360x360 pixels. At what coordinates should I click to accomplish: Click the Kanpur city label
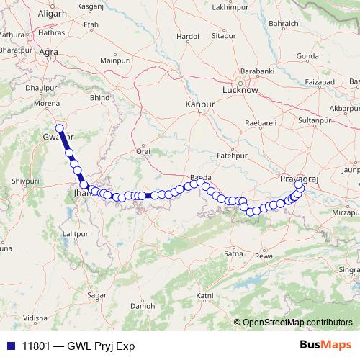200,104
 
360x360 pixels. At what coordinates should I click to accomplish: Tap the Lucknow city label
240,91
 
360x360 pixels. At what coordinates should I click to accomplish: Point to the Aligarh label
31,14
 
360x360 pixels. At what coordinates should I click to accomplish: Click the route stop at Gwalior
60,128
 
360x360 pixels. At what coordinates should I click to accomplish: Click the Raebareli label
261,124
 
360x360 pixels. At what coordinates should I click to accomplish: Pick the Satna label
233,253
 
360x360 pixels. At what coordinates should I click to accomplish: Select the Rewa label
264,256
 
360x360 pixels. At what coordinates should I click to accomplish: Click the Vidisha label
35,318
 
